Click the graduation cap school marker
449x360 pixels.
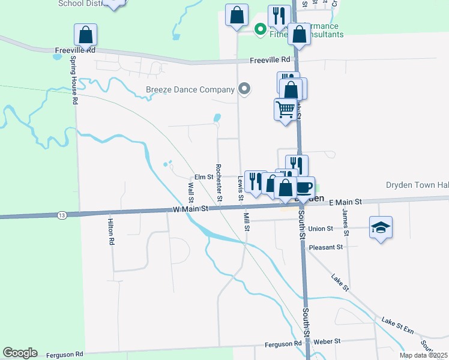point(381,227)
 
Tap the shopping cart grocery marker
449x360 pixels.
point(285,110)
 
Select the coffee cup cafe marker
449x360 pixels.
point(304,187)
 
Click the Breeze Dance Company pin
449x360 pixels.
point(244,89)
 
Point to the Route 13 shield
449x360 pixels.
point(62,214)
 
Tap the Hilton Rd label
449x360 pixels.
point(111,231)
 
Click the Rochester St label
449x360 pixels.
point(219,183)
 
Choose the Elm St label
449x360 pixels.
point(203,177)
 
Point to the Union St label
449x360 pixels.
point(321,229)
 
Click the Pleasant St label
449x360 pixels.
point(325,247)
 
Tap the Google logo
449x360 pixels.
point(20,353)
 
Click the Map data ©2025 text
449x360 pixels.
point(423,355)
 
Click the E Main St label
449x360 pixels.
point(346,203)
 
